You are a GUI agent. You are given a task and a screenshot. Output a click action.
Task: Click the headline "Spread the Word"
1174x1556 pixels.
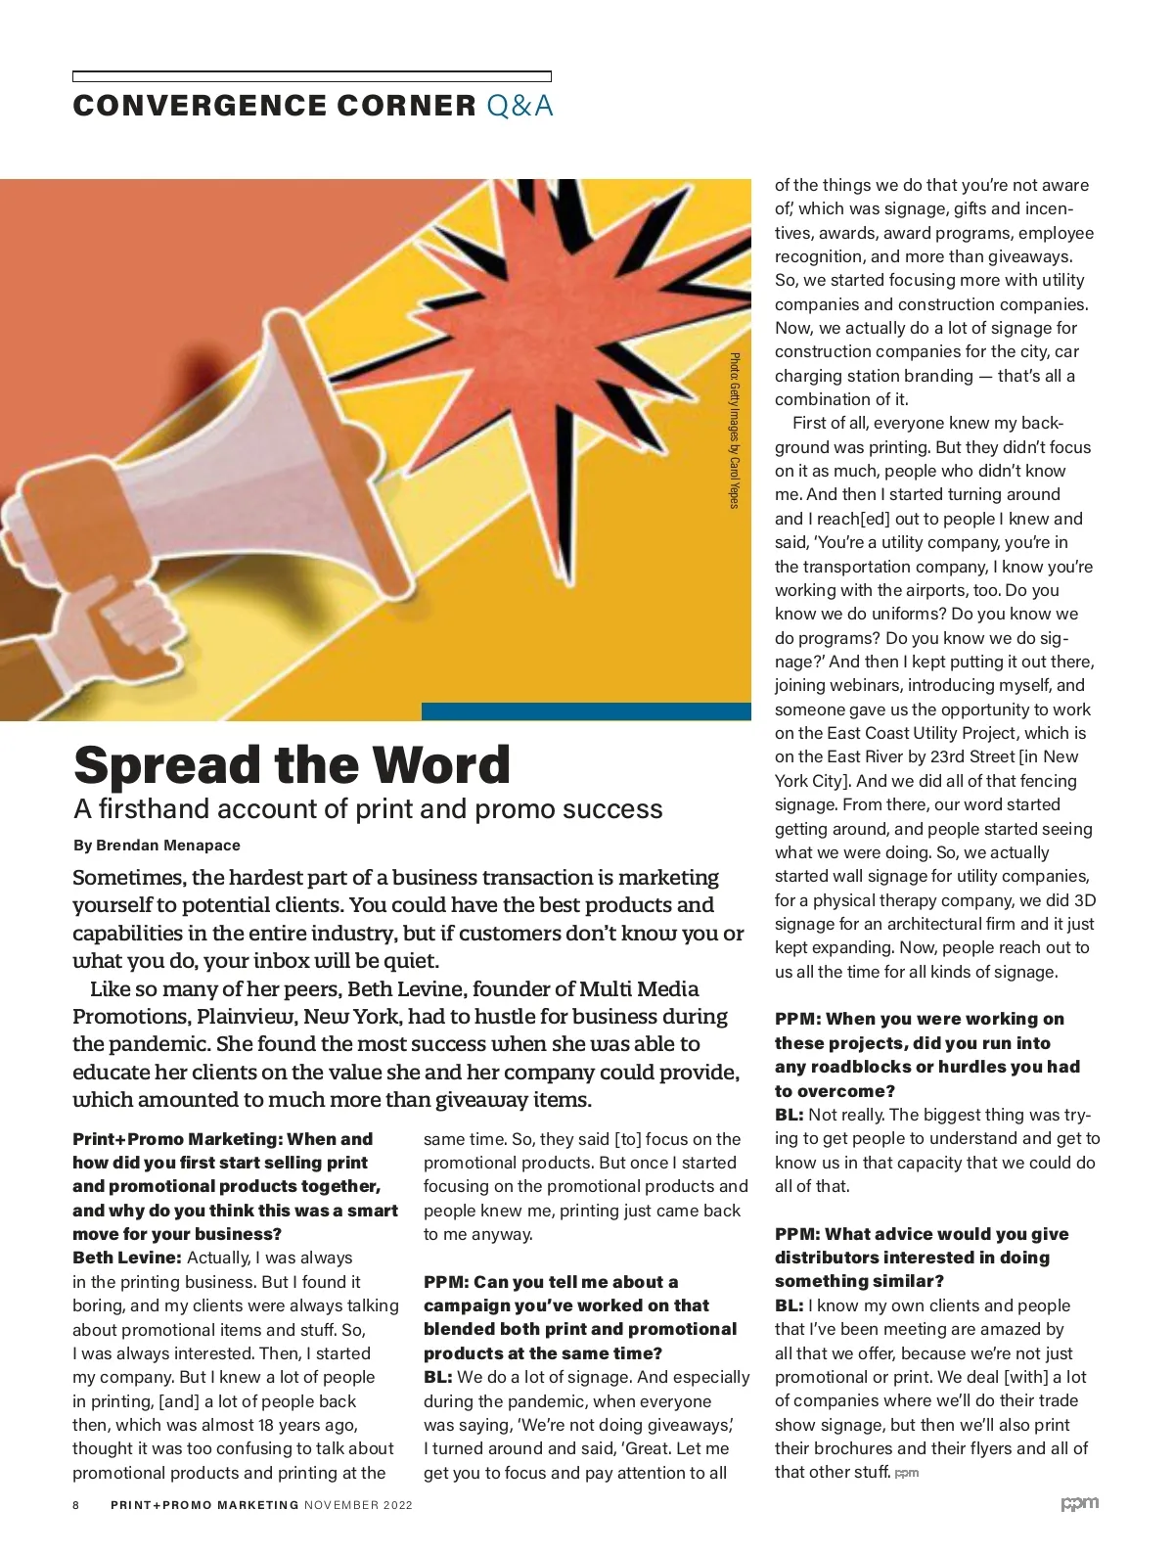pos(292,765)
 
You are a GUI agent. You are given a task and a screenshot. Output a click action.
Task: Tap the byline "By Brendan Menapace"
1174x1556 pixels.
pos(157,846)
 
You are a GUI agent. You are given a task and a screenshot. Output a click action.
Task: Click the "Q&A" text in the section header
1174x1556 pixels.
pos(519,106)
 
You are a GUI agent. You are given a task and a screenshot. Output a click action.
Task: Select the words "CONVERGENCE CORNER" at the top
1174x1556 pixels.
pos(274,106)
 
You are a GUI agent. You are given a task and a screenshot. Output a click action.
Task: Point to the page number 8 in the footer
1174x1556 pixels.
pos(76,1505)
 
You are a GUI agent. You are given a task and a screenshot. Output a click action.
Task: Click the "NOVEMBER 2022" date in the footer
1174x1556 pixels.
pos(358,1505)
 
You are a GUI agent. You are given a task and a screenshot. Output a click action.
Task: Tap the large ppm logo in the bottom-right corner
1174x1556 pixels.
pos(1080,1504)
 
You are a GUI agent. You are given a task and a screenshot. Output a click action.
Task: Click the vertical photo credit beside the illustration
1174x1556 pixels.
pos(734,431)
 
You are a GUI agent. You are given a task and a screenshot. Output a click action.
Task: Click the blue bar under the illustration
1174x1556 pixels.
pos(586,711)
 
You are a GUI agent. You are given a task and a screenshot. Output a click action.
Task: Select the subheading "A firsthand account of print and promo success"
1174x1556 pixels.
pos(368,809)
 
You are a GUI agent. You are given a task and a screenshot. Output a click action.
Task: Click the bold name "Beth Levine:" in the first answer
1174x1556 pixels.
pos(127,1259)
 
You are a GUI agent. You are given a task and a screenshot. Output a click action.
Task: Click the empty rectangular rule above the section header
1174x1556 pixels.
pos(311,76)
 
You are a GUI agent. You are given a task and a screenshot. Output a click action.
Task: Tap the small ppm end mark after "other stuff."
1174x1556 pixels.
pos(907,1473)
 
